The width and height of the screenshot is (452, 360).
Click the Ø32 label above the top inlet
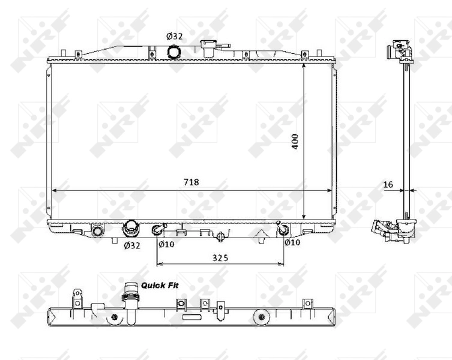174,37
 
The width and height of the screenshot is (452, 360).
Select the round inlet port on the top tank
174,52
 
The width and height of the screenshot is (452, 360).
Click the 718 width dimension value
191,182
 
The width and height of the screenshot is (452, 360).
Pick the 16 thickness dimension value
388,185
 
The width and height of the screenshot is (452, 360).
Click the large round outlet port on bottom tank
131,228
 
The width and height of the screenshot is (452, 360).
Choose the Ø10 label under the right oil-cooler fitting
292,243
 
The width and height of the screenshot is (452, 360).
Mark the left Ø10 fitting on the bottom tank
158,230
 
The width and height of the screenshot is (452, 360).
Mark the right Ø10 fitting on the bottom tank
283,229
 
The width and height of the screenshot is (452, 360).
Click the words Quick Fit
160,286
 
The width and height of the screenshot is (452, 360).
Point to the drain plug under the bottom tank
222,237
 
